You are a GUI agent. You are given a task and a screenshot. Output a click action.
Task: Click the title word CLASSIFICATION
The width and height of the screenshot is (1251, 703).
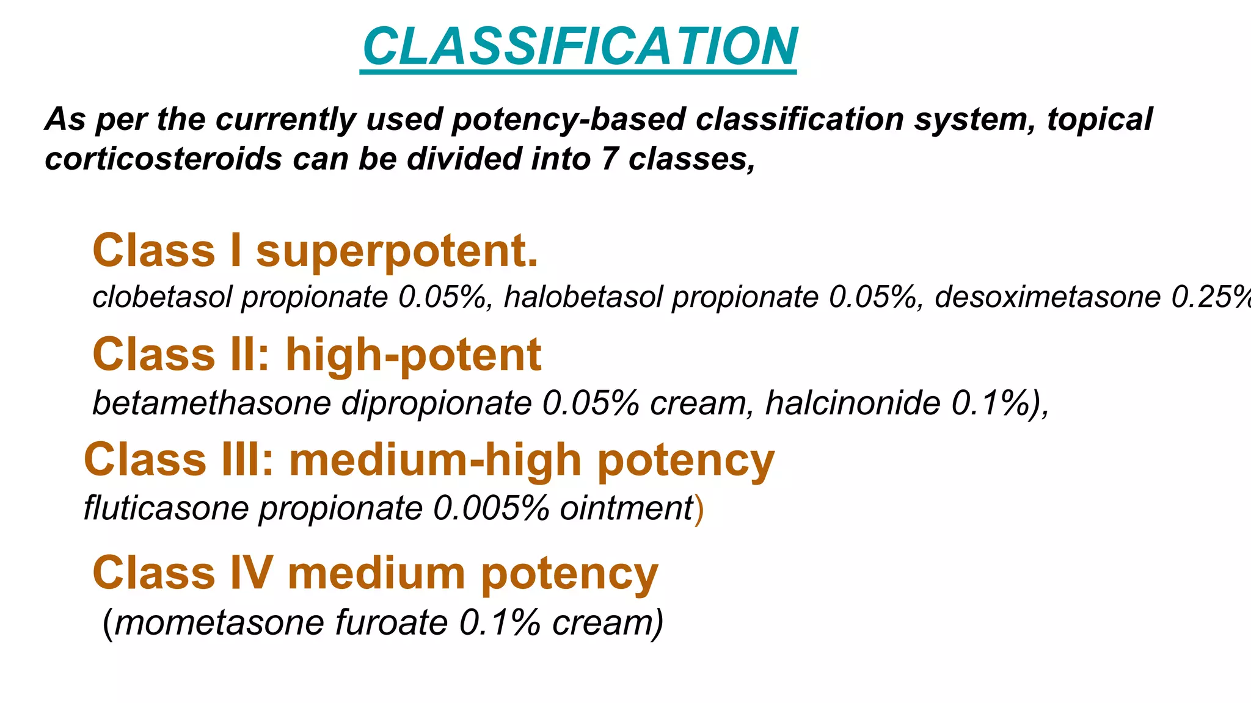coord(579,48)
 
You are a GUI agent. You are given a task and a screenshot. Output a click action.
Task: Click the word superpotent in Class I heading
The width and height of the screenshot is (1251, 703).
coord(397,251)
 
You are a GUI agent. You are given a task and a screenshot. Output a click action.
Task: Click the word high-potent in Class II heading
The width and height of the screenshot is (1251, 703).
coord(414,355)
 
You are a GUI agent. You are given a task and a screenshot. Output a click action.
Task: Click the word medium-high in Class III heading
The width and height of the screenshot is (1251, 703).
coord(435,460)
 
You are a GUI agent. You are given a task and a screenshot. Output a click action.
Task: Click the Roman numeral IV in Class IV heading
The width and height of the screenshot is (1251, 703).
coord(251,574)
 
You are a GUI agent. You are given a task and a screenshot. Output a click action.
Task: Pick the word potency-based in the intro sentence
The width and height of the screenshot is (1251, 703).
coord(567,120)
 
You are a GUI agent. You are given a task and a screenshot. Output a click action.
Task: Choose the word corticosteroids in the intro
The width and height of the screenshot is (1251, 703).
coord(163,159)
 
